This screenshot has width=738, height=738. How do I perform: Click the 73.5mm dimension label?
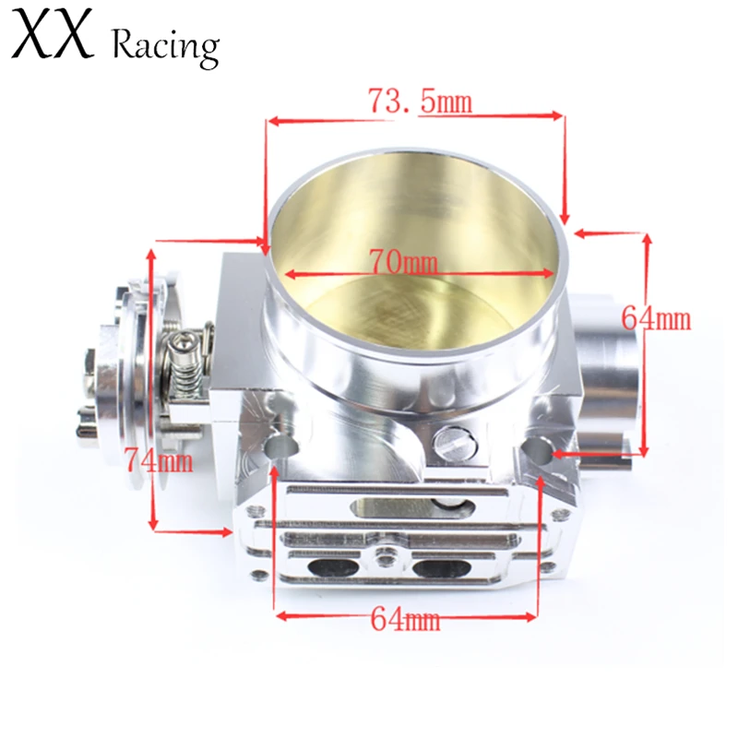point(420,101)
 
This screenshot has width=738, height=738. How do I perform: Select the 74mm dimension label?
point(158,458)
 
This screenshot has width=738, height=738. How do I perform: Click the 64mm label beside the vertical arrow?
point(656,318)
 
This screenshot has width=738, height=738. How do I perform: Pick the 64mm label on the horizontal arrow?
point(405,619)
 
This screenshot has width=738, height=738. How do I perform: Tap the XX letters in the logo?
point(54,39)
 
